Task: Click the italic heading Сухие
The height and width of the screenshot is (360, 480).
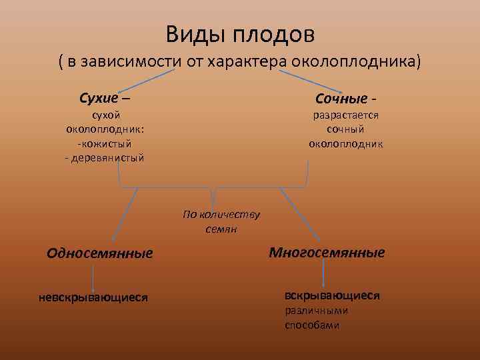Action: click(100, 99)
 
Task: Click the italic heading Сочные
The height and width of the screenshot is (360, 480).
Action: click(341, 99)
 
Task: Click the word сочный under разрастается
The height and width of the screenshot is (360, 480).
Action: click(345, 129)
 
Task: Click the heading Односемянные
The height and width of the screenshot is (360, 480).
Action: click(100, 253)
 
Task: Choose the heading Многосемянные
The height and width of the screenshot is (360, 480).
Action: click(327, 253)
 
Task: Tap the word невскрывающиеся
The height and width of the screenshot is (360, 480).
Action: click(93, 297)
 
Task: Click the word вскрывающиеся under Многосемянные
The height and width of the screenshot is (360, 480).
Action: click(332, 295)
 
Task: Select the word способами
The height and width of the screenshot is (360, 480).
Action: click(312, 325)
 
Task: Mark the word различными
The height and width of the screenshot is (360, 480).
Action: click(317, 311)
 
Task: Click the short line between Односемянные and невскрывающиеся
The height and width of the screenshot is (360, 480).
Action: click(92, 277)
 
